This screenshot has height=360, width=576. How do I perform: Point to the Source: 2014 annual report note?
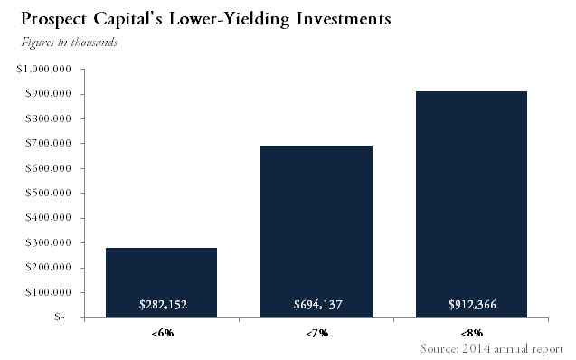(x=492, y=348)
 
